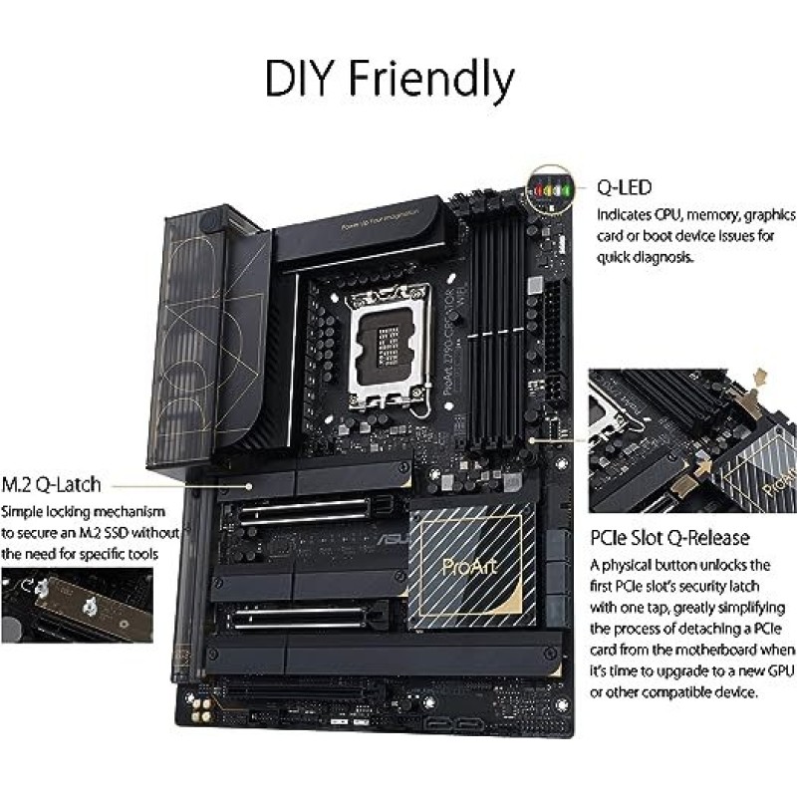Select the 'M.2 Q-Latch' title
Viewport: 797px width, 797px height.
(52, 484)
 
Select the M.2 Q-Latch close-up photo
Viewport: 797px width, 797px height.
(77, 609)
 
